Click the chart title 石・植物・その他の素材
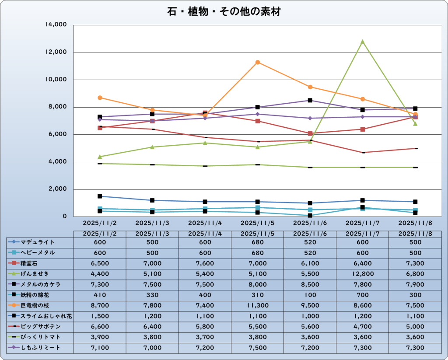coord(224,12)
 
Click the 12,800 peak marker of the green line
coord(362,42)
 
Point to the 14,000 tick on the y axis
coord(56,25)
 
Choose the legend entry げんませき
coord(38,274)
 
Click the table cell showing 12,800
coord(362,274)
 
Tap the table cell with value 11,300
coord(257,305)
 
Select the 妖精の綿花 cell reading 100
coord(310,295)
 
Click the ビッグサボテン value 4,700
coord(362,327)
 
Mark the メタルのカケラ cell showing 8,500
coord(310,284)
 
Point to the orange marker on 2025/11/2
coord(100,98)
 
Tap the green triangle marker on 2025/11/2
coord(100,157)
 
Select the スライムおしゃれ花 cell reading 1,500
coord(100,316)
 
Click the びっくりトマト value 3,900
coord(100,337)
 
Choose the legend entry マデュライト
coord(38,242)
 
